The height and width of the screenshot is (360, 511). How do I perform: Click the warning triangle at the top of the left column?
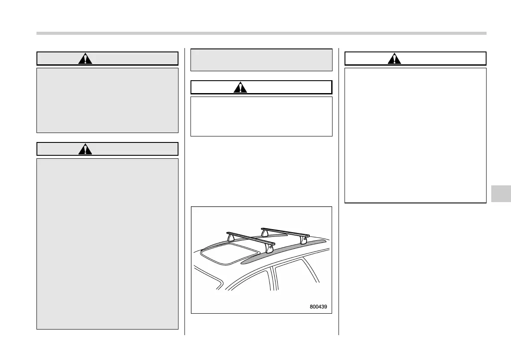(85, 59)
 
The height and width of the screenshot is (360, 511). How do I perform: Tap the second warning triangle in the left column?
(85, 149)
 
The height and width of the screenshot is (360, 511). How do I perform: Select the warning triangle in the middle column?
(241, 88)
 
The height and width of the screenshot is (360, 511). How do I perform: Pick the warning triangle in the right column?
(394, 59)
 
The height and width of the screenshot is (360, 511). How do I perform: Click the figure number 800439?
(318, 307)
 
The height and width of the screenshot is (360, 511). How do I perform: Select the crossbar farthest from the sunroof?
(285, 232)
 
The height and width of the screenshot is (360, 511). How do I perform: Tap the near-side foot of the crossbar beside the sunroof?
(269, 249)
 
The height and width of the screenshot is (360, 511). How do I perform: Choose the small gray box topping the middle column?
(261, 60)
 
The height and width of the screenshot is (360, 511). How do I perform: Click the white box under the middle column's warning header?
(261, 116)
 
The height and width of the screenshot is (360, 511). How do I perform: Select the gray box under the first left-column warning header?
(107, 100)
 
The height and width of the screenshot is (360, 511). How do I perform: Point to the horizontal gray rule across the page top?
(261, 33)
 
